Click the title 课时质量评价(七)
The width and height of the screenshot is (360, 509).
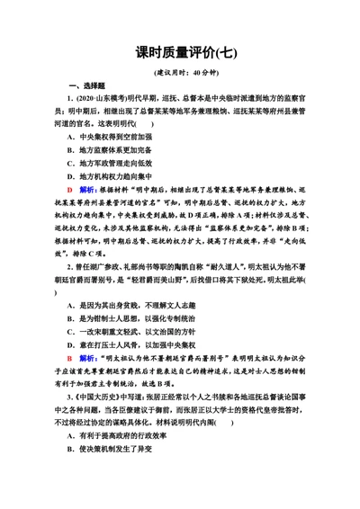(x=179, y=53)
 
